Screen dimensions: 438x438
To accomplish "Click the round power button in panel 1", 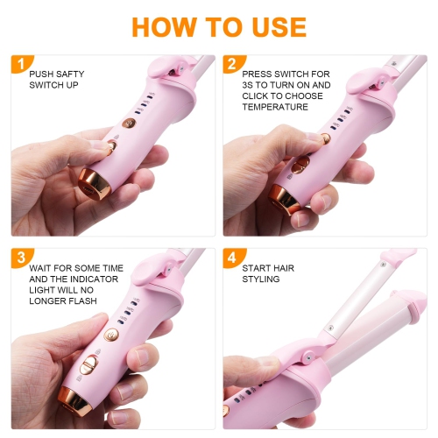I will (127, 124).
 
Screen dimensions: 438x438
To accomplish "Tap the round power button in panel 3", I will (111, 335).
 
